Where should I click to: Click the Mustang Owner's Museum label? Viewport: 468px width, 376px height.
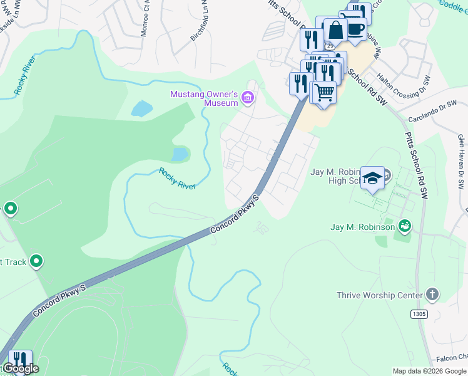(x=204, y=98)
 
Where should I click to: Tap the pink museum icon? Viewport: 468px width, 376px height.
(x=248, y=98)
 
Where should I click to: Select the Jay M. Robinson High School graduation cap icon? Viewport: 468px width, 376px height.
(x=373, y=177)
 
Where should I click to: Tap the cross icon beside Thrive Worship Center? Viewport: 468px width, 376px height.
(x=431, y=295)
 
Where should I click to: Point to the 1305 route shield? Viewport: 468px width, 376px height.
(x=419, y=312)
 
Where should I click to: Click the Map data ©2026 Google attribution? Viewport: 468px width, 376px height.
(x=429, y=371)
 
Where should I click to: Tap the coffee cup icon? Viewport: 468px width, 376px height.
(x=355, y=29)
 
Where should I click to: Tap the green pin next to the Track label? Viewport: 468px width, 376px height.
(x=36, y=261)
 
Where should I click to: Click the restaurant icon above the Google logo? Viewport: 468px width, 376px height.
(x=20, y=358)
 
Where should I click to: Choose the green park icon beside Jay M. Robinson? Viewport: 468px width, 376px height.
(x=405, y=224)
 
